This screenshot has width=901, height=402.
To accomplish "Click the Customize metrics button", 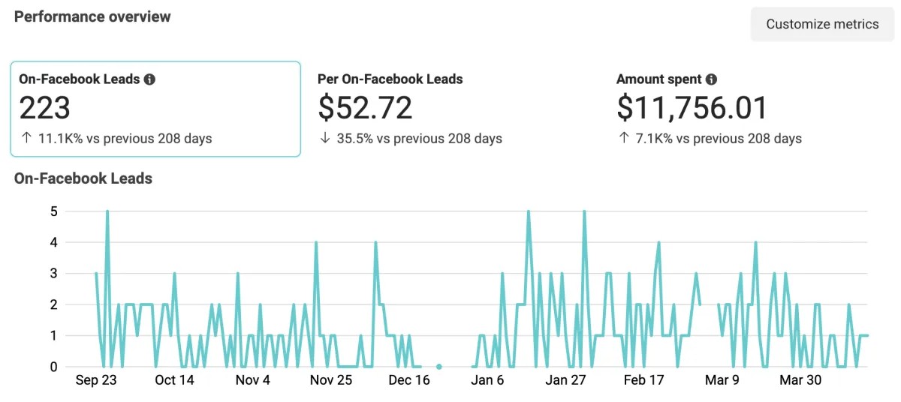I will (x=822, y=24).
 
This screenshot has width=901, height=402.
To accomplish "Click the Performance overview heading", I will (x=92, y=16).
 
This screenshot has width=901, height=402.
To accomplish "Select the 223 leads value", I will (x=44, y=108).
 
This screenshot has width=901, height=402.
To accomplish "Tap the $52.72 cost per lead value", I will (x=365, y=108).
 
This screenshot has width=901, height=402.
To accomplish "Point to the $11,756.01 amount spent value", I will (x=692, y=108).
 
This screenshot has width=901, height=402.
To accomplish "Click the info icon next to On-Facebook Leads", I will (x=149, y=79).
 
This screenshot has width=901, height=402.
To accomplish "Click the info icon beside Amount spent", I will (x=711, y=79).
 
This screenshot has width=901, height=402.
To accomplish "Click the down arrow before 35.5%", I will (x=324, y=138).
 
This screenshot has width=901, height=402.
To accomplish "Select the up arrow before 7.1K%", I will (x=622, y=138).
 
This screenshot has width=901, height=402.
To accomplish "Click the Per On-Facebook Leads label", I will (x=390, y=79).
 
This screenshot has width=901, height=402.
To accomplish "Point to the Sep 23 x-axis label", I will (x=97, y=380).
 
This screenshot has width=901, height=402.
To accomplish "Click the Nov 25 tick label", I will (x=331, y=380).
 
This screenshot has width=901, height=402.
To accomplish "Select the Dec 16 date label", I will (x=409, y=380).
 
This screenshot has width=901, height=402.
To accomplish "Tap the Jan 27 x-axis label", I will (x=565, y=380).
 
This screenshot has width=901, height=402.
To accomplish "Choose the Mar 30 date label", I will (x=800, y=380).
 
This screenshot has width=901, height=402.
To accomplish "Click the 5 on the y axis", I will (x=53, y=211).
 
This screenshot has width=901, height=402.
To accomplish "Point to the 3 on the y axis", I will (x=53, y=274).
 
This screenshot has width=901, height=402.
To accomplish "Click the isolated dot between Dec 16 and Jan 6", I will (x=439, y=367).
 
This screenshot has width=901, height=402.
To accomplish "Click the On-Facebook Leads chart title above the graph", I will (x=83, y=178).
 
